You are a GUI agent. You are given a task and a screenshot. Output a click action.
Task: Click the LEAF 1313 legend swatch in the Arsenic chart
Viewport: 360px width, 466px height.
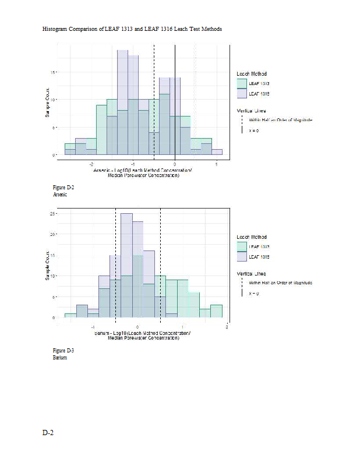tap(242, 84)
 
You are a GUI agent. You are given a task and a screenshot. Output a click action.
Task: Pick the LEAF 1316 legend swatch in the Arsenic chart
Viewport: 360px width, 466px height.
tap(242, 93)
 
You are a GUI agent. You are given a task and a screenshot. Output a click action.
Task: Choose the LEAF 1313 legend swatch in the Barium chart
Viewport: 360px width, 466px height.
tap(242, 247)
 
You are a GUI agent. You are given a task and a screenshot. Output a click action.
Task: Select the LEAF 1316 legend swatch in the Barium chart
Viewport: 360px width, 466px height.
tap(242, 256)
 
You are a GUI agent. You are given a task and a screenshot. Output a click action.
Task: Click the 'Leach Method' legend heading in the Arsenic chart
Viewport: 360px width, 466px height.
tap(252, 74)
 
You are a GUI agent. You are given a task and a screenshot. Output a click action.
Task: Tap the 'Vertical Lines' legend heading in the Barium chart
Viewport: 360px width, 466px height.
tap(252, 273)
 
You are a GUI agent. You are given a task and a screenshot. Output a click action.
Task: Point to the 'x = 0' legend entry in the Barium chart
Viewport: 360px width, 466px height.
tap(254, 294)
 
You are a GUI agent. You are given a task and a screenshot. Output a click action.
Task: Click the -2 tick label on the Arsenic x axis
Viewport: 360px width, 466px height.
tap(92, 164)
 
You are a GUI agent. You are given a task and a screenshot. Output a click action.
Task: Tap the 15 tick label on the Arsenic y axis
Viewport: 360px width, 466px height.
tap(54, 72)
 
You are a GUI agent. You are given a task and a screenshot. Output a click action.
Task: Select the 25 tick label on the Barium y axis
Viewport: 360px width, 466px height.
tap(54, 214)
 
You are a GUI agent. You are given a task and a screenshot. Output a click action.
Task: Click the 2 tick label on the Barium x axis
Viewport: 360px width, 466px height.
tap(226, 327)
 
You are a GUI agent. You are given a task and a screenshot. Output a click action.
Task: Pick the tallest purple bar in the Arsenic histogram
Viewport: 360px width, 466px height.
tap(122, 102)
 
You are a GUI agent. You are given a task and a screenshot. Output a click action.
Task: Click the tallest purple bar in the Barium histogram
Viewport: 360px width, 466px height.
tap(126, 265)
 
